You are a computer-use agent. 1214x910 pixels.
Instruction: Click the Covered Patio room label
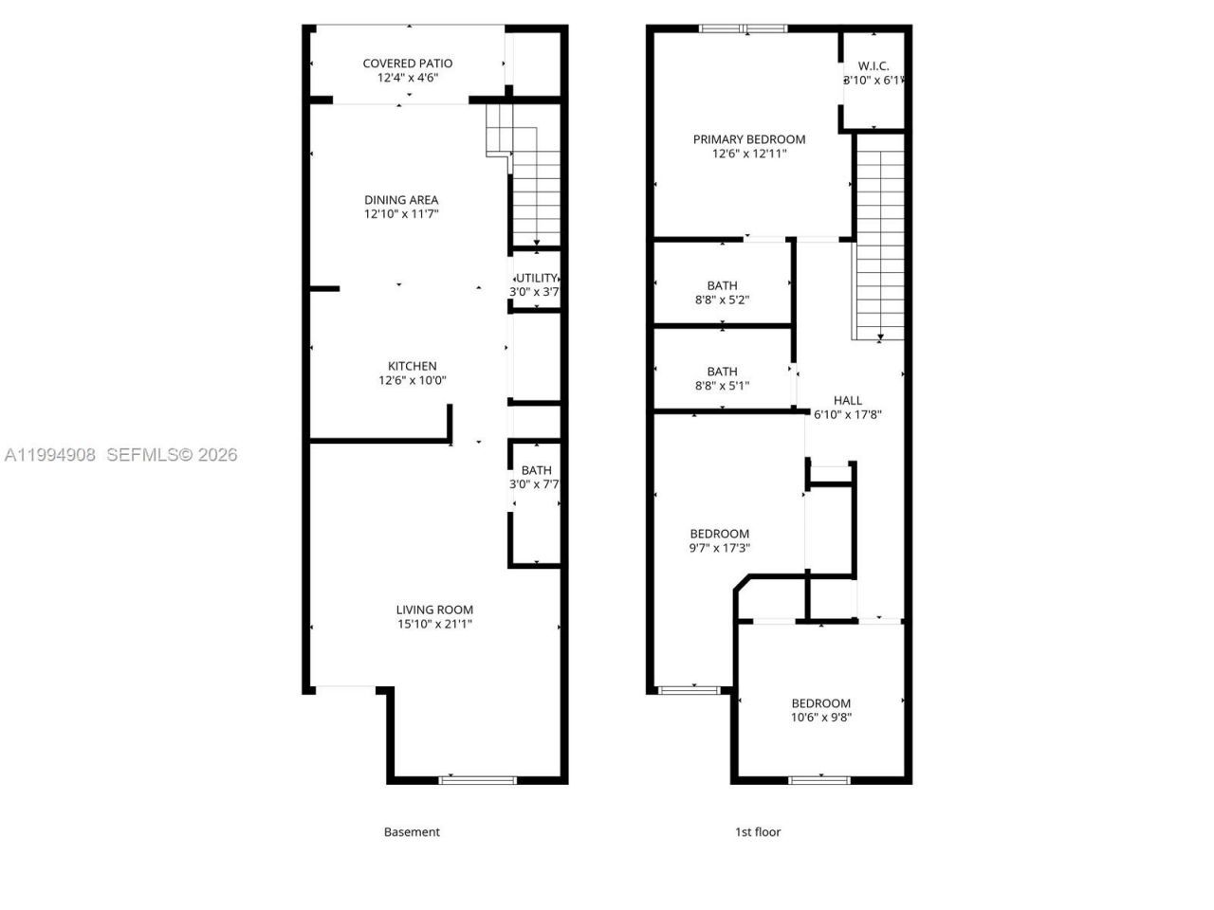[x=408, y=64]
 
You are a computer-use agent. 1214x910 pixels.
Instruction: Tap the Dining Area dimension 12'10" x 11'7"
[x=401, y=214]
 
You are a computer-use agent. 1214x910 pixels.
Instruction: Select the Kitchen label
[x=413, y=366]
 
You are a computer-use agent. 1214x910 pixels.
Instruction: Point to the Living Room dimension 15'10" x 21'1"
[x=434, y=624]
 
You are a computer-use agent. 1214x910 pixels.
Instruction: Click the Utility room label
[x=537, y=278]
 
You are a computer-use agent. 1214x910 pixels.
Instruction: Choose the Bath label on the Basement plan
[x=536, y=470]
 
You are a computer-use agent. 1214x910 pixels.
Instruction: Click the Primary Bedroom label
[x=749, y=139]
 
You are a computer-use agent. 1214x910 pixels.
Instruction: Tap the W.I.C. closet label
[x=874, y=65]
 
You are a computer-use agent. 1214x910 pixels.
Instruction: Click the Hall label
[x=848, y=400]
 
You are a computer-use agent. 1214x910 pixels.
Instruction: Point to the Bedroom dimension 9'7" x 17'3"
[x=720, y=548]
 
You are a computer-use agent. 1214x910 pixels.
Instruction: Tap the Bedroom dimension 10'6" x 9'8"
[x=821, y=718]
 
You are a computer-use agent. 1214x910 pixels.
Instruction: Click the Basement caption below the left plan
[x=412, y=832]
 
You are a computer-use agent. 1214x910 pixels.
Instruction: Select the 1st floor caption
[x=758, y=832]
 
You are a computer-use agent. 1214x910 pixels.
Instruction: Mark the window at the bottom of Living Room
[x=478, y=780]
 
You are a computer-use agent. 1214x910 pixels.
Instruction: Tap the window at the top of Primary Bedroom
[x=744, y=28]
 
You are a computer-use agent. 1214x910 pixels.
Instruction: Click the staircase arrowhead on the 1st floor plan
[x=880, y=336]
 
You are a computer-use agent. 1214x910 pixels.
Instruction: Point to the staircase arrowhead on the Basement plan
[x=537, y=244]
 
